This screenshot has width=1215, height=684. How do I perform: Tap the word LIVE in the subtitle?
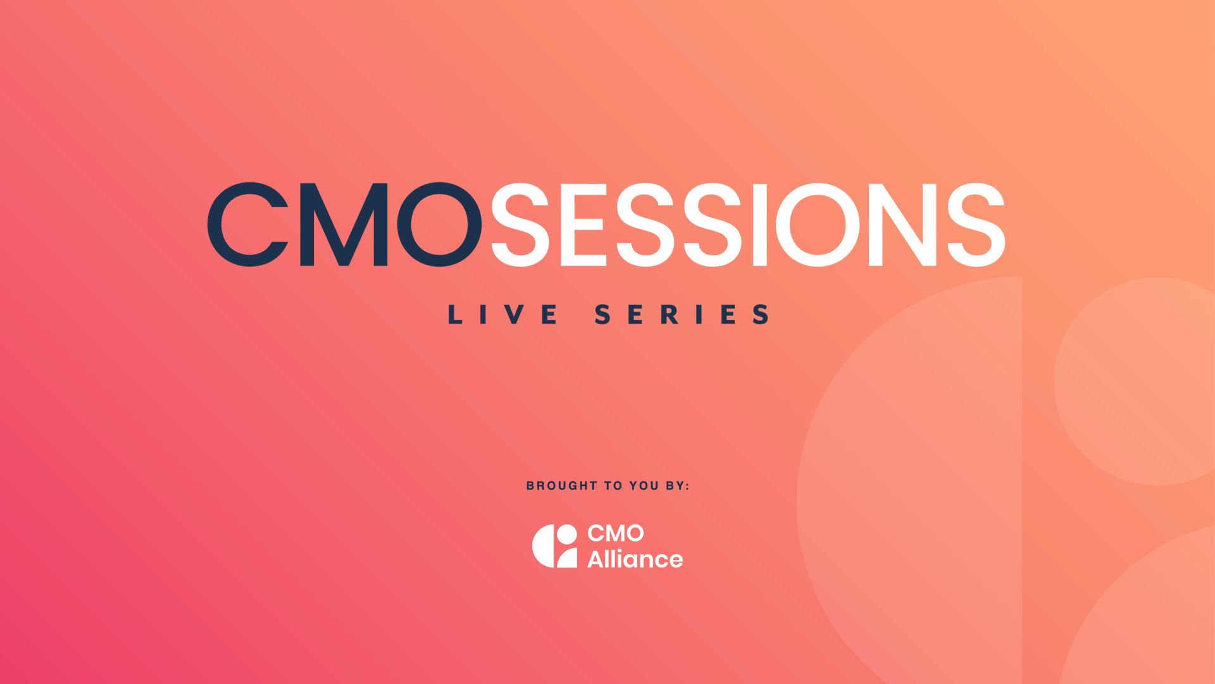(x=503, y=315)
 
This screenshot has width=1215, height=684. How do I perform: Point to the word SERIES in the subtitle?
(x=682, y=315)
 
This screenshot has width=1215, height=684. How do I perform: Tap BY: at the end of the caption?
(x=677, y=486)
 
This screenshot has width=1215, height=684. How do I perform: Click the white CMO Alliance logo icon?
(x=554, y=546)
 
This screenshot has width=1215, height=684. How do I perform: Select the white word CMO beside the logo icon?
(x=616, y=533)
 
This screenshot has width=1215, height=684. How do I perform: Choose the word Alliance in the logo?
(x=635, y=559)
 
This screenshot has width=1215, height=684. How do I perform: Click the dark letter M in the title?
(x=344, y=224)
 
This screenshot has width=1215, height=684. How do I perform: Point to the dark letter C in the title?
(x=247, y=224)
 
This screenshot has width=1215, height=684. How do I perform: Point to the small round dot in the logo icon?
(x=567, y=535)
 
